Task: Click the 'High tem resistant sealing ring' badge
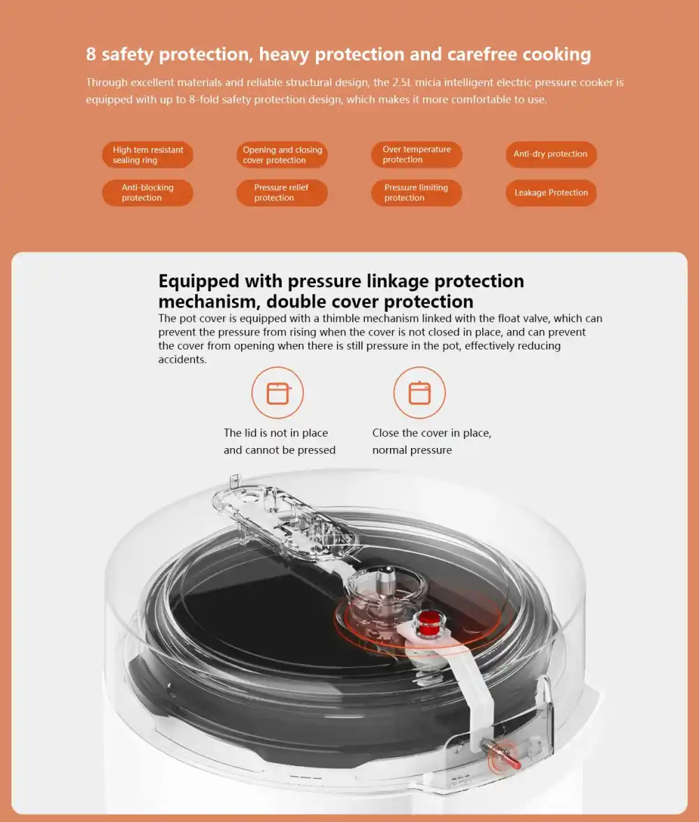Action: (147, 154)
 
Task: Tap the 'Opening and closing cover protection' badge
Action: (282, 154)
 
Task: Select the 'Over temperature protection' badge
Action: (417, 154)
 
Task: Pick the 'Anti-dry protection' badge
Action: (551, 154)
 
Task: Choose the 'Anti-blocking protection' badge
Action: (147, 192)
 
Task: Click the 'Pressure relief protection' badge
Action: (282, 192)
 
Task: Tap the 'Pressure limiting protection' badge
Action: (417, 192)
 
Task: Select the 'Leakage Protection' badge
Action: (551, 192)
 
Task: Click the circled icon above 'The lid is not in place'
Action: (278, 393)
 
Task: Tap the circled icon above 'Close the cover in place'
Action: (419, 393)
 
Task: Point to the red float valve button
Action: (429, 621)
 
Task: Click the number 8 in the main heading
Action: (92, 54)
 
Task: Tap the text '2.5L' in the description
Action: (402, 82)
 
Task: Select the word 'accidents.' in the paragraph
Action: (182, 359)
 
